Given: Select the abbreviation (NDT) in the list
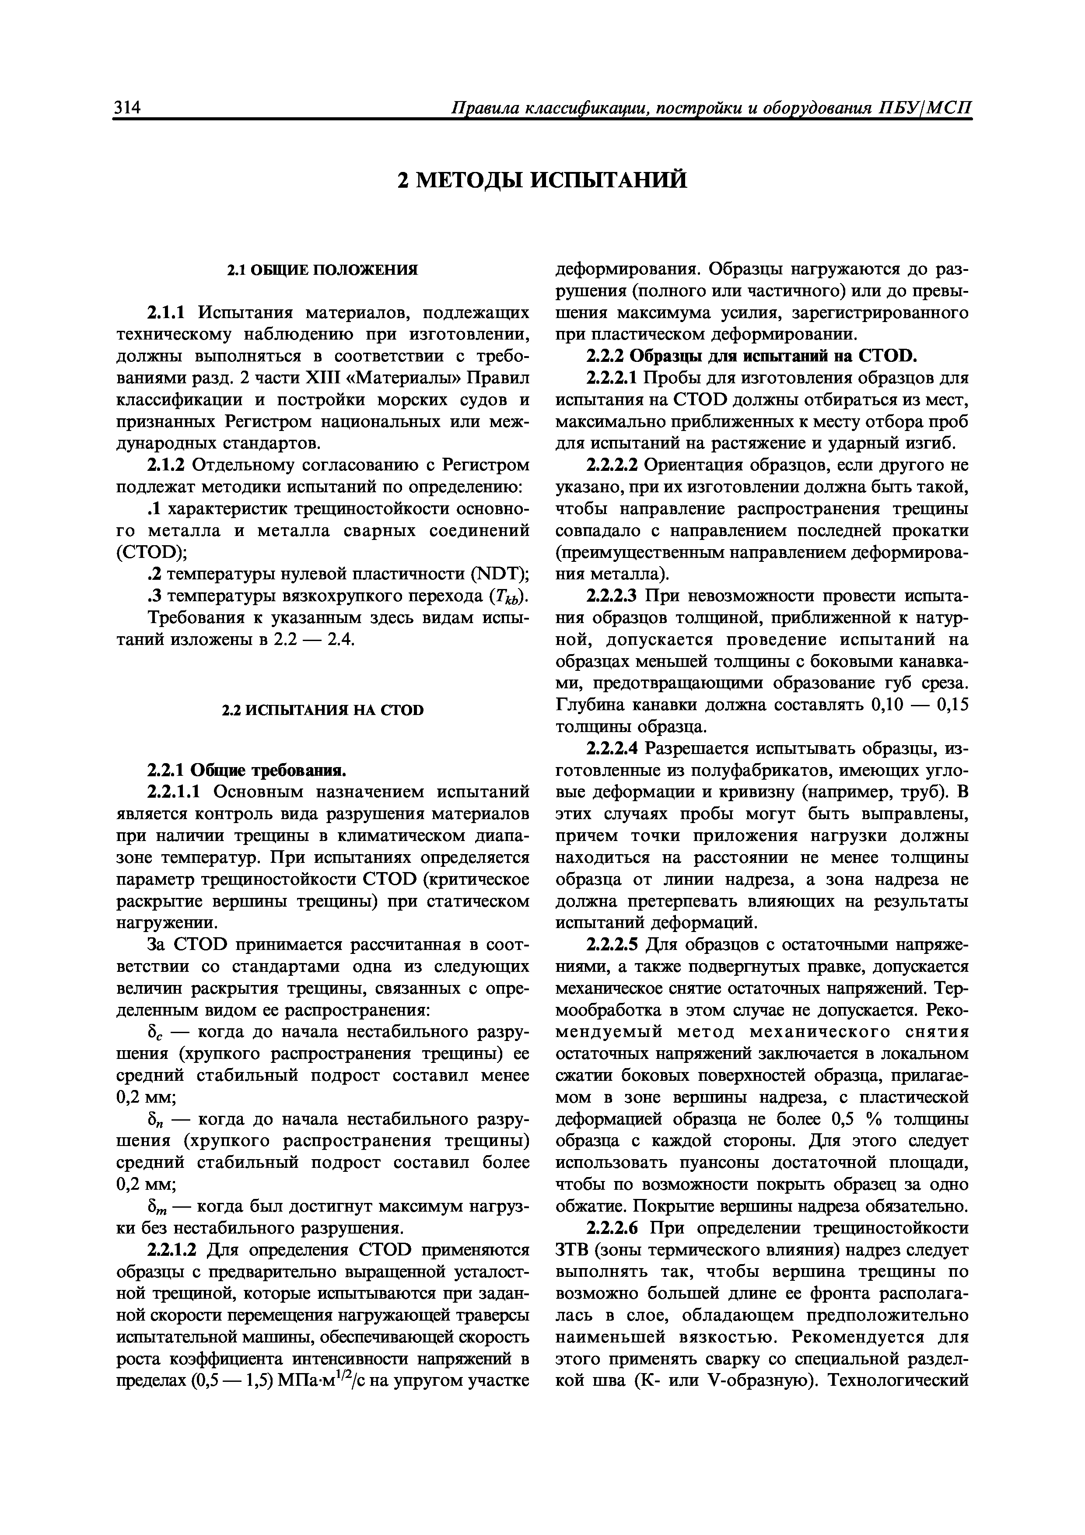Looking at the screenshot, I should [x=491, y=574].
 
